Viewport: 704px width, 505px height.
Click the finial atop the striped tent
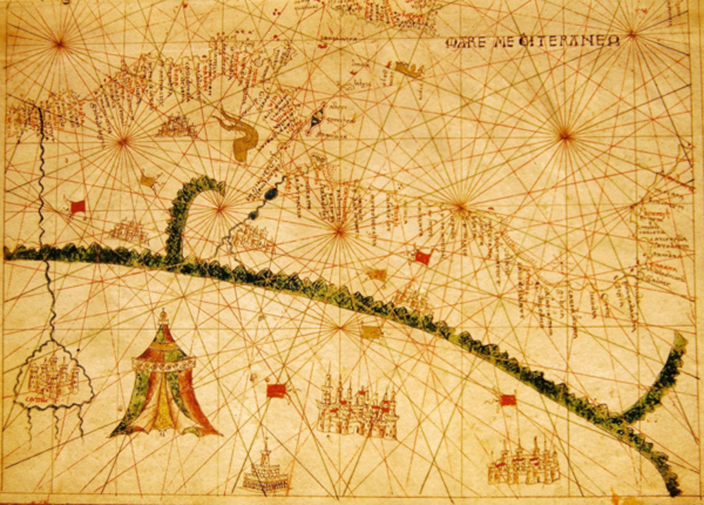pyautogui.click(x=163, y=317)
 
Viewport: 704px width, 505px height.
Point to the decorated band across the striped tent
pyautogui.click(x=164, y=364)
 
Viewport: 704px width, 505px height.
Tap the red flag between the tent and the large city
pyautogui.click(x=276, y=391)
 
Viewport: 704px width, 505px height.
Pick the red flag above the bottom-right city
pyautogui.click(x=507, y=400)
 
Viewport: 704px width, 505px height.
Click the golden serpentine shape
pyautogui.click(x=240, y=138)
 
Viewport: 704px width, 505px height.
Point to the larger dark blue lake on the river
pyautogui.click(x=270, y=194)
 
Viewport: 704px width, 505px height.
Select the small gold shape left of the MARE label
pyautogui.click(x=408, y=69)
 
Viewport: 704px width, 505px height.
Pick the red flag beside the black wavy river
pyautogui.click(x=77, y=206)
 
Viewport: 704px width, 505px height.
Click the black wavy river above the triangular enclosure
pyautogui.click(x=43, y=206)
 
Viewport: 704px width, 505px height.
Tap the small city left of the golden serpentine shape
pyautogui.click(x=177, y=126)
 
